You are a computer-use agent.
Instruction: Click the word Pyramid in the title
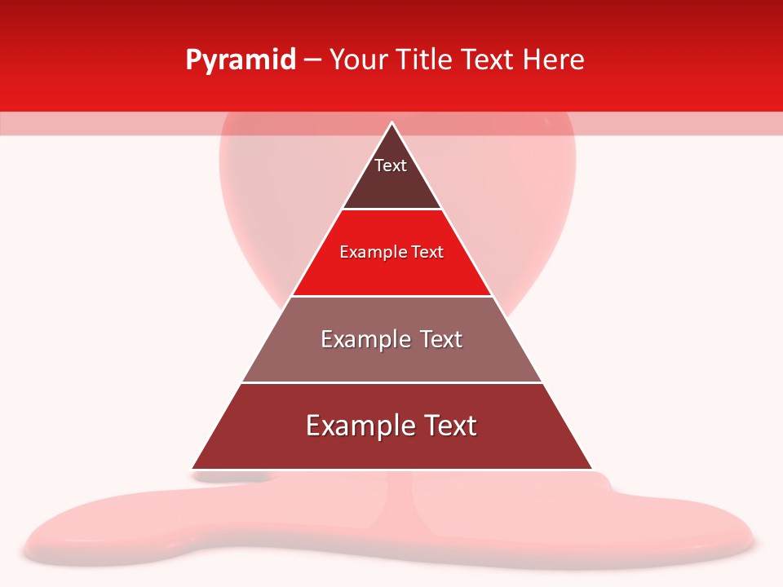241,60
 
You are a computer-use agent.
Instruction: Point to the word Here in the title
553,60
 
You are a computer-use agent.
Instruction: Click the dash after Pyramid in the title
312,60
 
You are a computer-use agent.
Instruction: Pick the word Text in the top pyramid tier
391,166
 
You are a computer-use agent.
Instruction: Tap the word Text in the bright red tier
427,252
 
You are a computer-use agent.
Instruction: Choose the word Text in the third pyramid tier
441,339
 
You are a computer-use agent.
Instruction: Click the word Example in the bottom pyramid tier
357,426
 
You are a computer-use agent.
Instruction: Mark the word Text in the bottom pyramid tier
449,426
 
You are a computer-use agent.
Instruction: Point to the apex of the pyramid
391,123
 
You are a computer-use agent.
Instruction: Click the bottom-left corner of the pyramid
192,469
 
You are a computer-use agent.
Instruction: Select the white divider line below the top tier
391,209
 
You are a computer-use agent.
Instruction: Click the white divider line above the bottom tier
391,382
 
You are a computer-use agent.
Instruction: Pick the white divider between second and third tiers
391,296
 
